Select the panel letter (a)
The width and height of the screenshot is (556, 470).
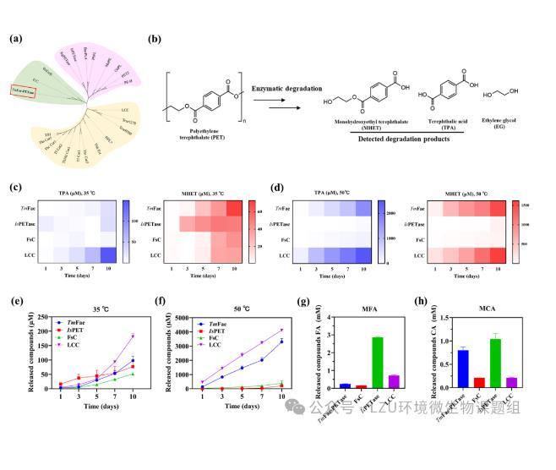(x=16, y=39)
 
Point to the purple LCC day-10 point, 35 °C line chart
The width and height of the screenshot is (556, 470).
(x=133, y=336)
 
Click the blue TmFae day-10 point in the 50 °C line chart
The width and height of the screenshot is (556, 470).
(x=281, y=342)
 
